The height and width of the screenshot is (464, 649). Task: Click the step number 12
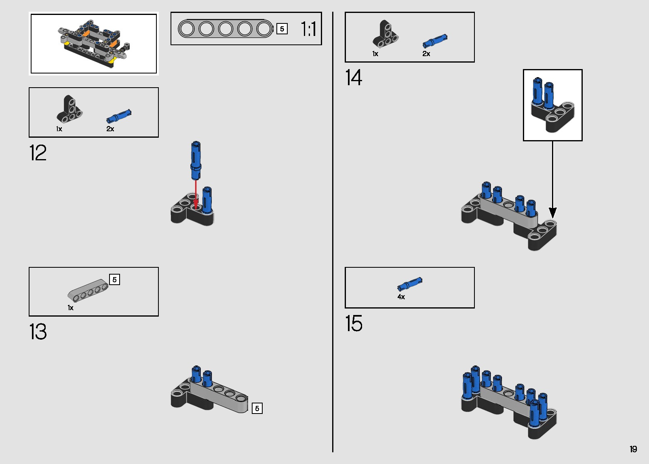[38, 153]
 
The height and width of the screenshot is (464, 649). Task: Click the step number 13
[38, 332]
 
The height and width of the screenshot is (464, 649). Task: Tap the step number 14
[354, 77]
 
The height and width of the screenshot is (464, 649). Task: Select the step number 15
[354, 323]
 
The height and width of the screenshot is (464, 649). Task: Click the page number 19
[633, 449]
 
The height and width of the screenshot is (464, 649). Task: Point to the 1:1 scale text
[309, 29]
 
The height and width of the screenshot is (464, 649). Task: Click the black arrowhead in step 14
[552, 213]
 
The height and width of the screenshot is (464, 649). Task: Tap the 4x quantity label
[401, 297]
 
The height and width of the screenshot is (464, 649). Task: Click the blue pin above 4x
[410, 283]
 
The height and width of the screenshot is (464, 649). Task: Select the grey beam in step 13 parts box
[88, 290]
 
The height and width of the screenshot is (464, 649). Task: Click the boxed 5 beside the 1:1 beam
[282, 29]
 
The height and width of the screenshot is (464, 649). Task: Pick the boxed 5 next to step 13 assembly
[257, 408]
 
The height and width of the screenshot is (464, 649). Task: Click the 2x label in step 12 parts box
[110, 129]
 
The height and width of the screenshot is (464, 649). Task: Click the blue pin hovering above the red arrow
[196, 161]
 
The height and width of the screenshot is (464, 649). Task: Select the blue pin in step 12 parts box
[119, 116]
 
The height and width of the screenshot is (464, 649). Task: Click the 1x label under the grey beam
[71, 308]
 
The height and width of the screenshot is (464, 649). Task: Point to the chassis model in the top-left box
[94, 44]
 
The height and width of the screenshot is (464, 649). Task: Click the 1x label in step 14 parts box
[375, 54]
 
